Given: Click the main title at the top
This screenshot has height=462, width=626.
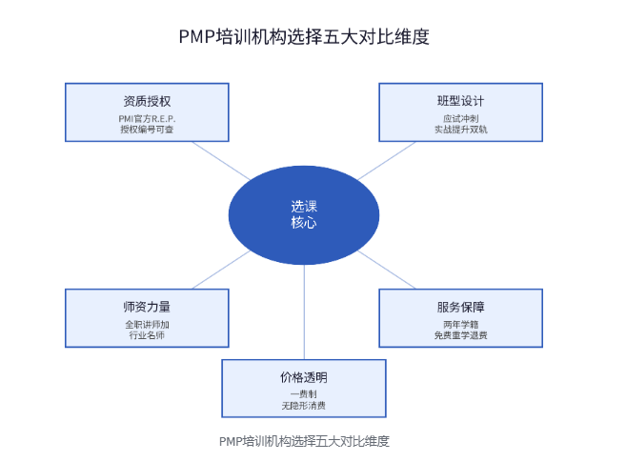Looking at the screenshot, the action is click(304, 37).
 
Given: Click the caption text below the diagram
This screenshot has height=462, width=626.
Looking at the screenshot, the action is click(304, 441).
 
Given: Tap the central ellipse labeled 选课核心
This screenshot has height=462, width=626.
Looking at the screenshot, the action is click(304, 215).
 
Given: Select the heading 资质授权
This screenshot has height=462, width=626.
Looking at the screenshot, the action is click(147, 101).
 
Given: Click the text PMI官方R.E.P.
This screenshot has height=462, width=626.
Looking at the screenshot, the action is click(147, 119).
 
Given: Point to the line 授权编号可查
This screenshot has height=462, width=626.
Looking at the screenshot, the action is click(147, 130).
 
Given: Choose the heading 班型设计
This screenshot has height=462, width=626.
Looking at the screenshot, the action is click(461, 101).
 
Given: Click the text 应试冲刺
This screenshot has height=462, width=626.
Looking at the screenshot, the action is click(461, 119).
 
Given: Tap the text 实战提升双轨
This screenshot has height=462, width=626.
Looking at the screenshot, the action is click(461, 130).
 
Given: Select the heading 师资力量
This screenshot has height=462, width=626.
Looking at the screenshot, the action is click(147, 307).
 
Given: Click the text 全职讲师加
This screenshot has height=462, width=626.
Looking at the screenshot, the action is click(147, 325).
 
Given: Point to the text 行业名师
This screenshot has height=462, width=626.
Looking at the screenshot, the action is click(147, 335).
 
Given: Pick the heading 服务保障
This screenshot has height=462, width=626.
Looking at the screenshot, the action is click(461, 307).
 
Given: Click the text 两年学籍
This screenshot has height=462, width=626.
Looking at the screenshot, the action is click(461, 325).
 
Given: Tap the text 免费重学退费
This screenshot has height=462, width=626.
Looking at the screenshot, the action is click(461, 335).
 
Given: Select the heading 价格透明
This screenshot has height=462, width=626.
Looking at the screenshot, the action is click(304, 377).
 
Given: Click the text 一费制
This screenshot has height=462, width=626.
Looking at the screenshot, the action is click(304, 394).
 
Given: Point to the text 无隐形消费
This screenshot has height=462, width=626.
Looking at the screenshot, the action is click(304, 406).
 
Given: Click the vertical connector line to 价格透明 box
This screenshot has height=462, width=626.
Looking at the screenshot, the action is click(304, 312).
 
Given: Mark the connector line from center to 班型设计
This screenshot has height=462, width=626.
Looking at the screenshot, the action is click(387, 161).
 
